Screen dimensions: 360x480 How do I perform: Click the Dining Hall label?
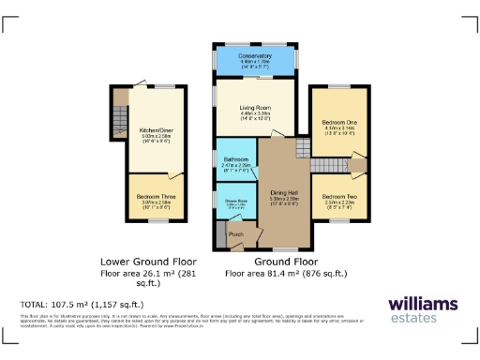[283, 191]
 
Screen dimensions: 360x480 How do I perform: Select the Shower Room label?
[234, 200]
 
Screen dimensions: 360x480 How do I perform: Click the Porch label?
[235, 233]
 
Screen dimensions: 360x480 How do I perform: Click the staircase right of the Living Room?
[301, 147]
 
